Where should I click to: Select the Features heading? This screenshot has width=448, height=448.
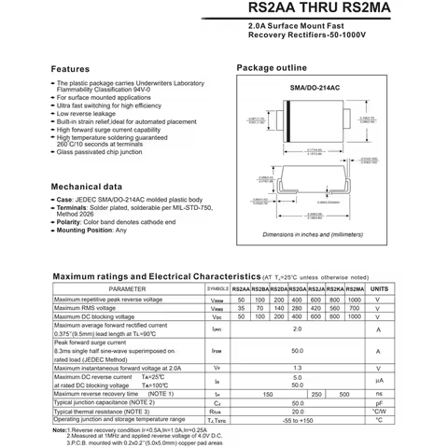[70, 69]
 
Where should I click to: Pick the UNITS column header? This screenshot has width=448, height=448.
[379, 289]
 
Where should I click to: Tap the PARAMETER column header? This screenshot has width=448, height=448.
[127, 289]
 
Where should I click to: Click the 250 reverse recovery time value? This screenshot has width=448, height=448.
[316, 395]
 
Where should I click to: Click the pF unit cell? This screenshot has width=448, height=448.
[379, 403]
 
